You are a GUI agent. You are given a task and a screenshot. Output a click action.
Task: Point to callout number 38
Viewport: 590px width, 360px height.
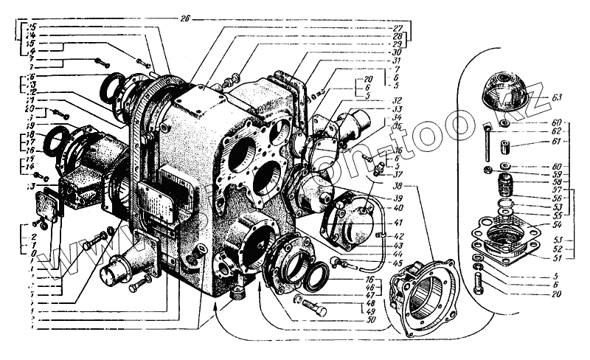(x=398, y=187)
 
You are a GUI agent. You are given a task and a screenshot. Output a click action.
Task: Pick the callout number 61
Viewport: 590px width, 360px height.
(x=555, y=142)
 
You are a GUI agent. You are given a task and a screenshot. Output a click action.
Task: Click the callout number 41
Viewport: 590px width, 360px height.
(x=398, y=223)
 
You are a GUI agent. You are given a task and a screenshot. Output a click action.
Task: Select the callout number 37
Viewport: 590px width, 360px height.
(x=398, y=175)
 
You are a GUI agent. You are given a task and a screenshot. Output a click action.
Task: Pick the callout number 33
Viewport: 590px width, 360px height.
(x=398, y=108)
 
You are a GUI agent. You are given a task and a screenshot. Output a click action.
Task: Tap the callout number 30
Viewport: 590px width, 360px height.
(x=397, y=52)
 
